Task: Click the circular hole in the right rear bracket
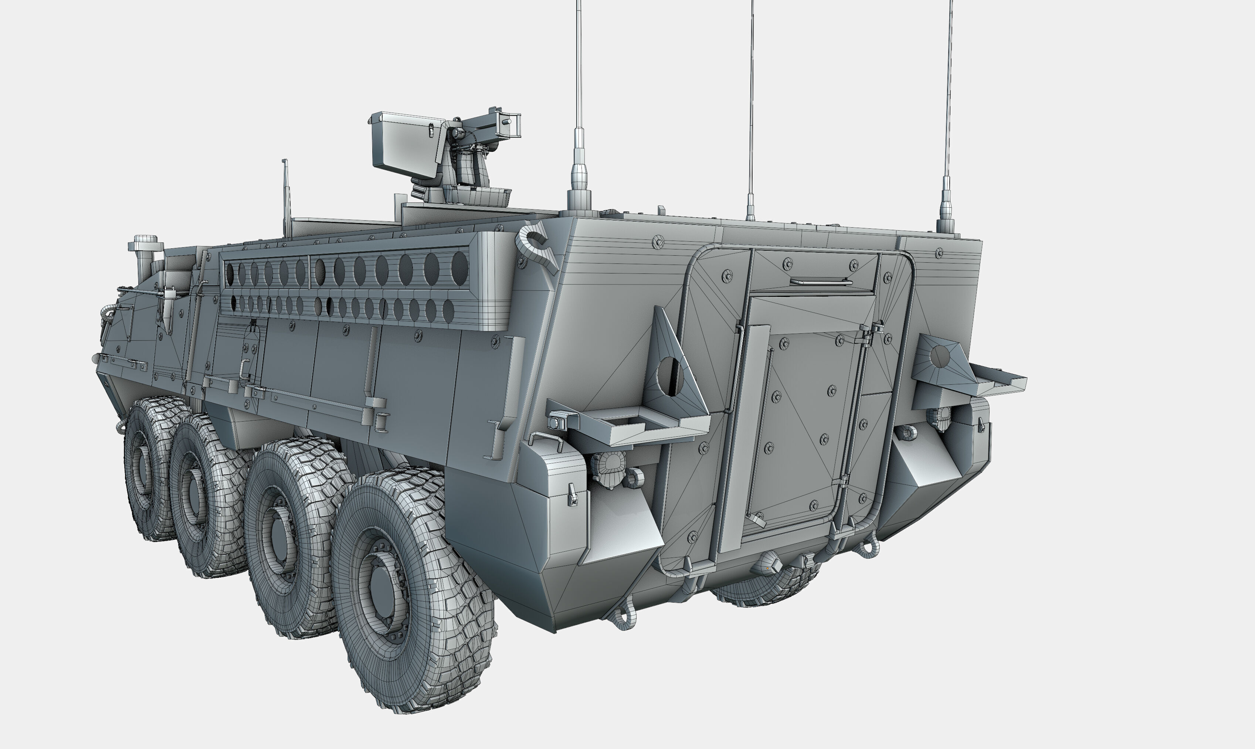coord(939,356)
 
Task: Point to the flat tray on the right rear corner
coord(997,378)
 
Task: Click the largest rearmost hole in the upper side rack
coord(459,268)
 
